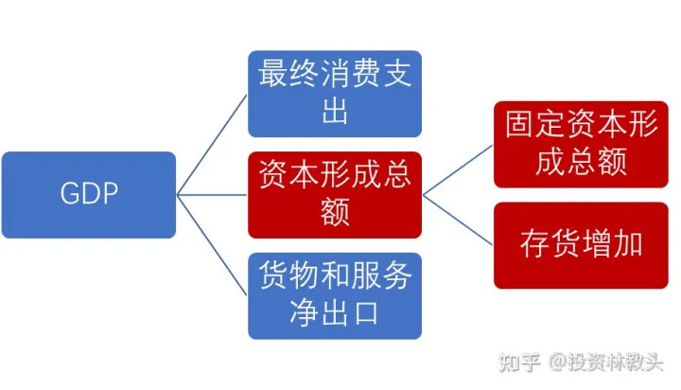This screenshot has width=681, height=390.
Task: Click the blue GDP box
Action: pyautogui.click(x=89, y=194)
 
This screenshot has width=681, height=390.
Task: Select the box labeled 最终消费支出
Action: pyautogui.click(x=335, y=94)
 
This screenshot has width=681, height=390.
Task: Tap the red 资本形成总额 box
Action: pyautogui.click(x=335, y=194)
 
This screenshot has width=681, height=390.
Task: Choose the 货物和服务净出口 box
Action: pyautogui.click(x=335, y=295)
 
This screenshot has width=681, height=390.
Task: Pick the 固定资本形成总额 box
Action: pyautogui.click(x=581, y=144)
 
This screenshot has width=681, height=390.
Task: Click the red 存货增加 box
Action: pyautogui.click(x=581, y=245)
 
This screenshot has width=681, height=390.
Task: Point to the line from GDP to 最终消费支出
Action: pyautogui.click(x=212, y=144)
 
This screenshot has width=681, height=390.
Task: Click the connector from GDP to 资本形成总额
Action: pyautogui.click(x=212, y=195)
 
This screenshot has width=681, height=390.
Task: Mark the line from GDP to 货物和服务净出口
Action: pyautogui.click(x=212, y=245)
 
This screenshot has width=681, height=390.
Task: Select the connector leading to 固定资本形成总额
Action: pyautogui.click(x=458, y=169)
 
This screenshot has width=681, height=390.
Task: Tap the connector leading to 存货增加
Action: pyautogui.click(x=458, y=220)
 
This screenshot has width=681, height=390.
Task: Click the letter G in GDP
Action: pyautogui.click(x=69, y=193)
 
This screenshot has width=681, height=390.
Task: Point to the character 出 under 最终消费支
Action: pyautogui.click(x=335, y=111)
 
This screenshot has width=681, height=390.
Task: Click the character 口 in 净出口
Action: pyautogui.click(x=366, y=312)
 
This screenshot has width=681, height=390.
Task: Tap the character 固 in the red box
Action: pyautogui.click(x=519, y=124)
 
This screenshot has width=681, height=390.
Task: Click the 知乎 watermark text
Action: pyautogui.click(x=519, y=363)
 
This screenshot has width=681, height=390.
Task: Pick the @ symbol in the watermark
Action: pyautogui.click(x=557, y=362)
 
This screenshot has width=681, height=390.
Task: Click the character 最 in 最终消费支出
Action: pyautogui.click(x=272, y=73)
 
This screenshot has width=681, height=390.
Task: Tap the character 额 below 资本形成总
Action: pyautogui.click(x=335, y=212)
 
